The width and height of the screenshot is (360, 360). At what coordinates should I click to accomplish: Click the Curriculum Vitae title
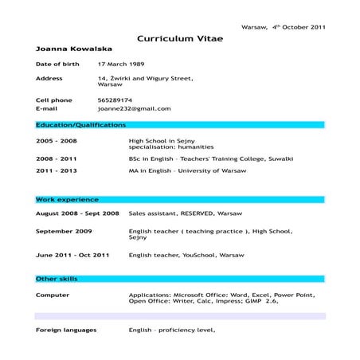pos(179,38)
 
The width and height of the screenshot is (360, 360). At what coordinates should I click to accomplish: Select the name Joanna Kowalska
pos(69,49)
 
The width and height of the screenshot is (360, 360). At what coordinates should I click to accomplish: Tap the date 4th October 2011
pos(298,27)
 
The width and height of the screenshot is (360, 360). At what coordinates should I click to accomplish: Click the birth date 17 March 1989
pos(119,63)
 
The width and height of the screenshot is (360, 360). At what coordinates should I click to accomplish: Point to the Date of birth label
pos(58,63)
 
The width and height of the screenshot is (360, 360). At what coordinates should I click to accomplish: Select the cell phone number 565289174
pos(115,100)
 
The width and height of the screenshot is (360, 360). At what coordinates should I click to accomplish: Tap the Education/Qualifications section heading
pos(80,125)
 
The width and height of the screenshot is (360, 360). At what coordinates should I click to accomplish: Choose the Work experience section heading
pos(67,200)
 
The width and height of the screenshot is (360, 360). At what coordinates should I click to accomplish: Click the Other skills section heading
pos(57,279)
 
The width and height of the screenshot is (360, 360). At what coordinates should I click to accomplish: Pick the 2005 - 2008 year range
pos(56,140)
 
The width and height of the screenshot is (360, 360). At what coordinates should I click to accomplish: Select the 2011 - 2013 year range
pos(56,170)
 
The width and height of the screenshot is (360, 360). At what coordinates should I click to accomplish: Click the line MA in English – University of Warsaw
pos(187,170)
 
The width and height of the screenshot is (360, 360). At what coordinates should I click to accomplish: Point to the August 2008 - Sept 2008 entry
pos(77,213)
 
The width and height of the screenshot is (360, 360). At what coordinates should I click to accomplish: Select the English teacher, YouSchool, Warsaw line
pos(186,255)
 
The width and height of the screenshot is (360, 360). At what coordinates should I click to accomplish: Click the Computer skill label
pos(53,295)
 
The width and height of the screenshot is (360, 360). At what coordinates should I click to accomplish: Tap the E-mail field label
pos(47,108)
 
